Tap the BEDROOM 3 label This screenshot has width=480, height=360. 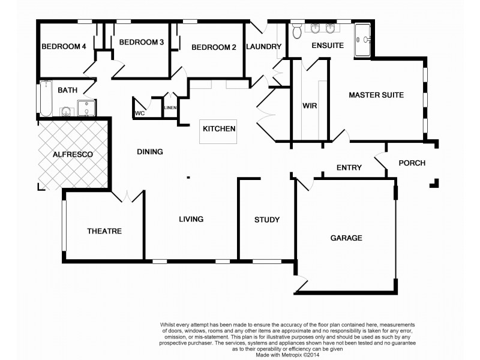pos(141,42)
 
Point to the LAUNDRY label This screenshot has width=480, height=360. pos(264,47)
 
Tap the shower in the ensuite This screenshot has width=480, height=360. pos(364,40)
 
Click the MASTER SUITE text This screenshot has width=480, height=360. pos(376,95)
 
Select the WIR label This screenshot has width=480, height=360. pos(310,106)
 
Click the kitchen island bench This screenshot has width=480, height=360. pos(218,131)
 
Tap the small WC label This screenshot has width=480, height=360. pos(140,113)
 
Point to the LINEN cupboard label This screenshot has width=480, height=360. pos(170,108)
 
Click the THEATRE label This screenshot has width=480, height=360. pos(104,231)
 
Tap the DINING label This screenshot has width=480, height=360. pos(149,152)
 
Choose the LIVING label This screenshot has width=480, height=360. pos(191,219)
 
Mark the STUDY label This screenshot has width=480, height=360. pos(266,220)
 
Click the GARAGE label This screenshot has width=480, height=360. pos(346,238)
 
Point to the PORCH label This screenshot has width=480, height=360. pos(412,163)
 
